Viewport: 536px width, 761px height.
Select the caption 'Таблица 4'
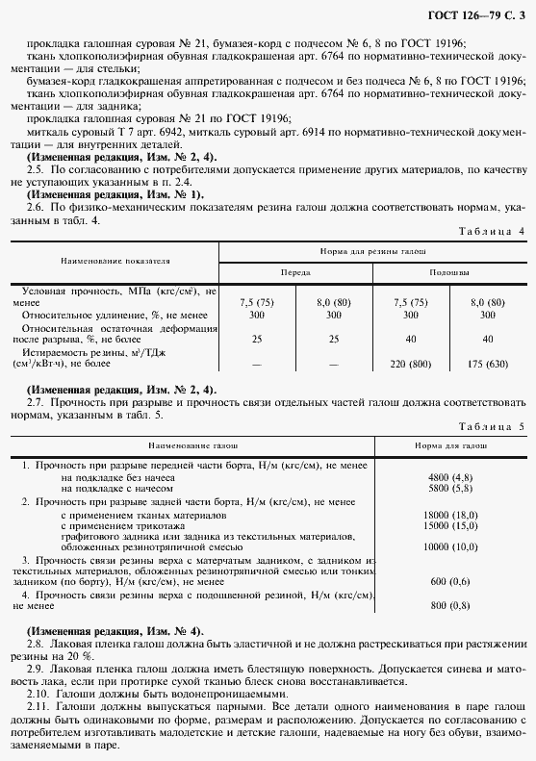pos(491,231)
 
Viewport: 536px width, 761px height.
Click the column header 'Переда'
pos(295,272)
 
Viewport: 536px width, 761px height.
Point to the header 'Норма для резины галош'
pos(372,249)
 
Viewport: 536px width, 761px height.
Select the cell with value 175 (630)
pos(488,365)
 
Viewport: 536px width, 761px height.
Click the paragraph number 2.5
pos(37,167)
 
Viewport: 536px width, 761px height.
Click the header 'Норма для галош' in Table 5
pos(451,446)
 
